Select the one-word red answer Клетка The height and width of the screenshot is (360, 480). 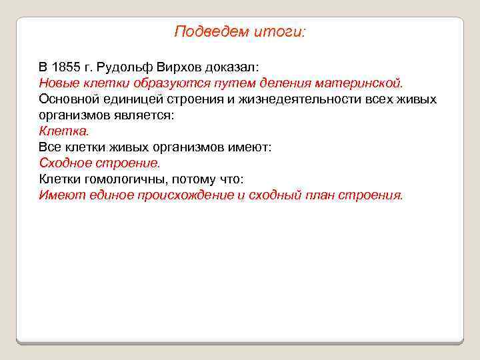[63, 131]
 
